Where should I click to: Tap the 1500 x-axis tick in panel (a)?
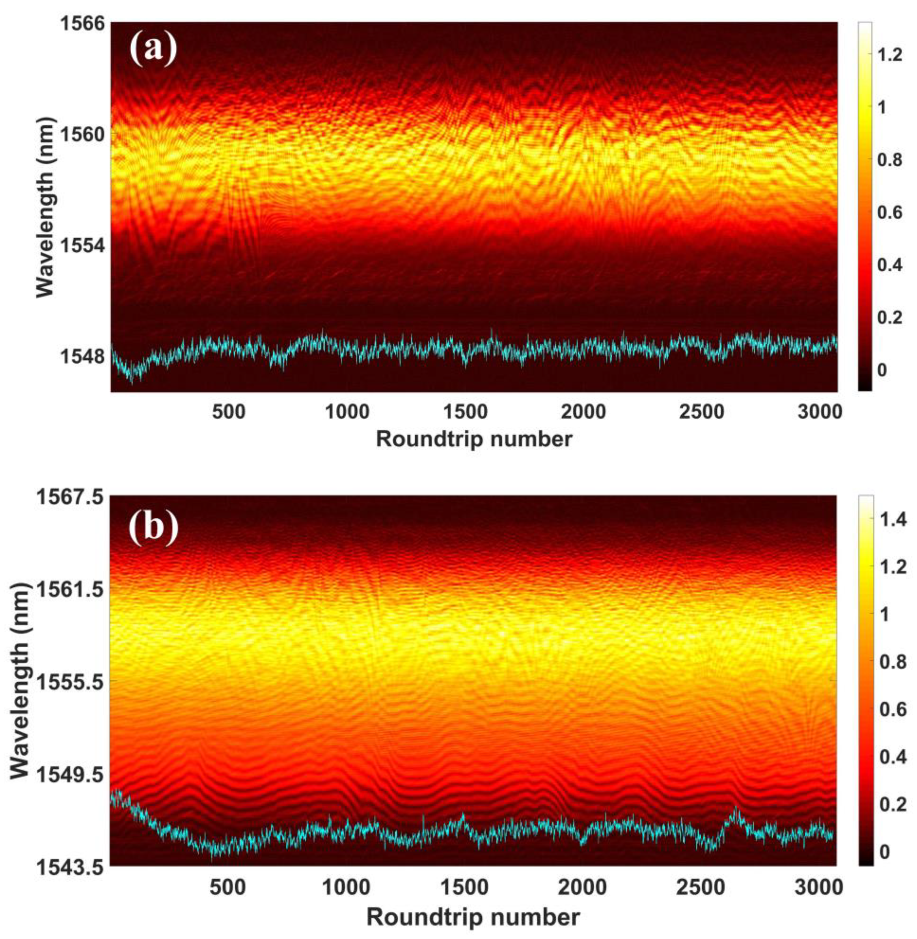click(465, 412)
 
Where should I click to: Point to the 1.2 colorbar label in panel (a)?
click(889, 54)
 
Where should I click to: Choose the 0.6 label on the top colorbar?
click(889, 213)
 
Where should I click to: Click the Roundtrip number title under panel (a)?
click(474, 439)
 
